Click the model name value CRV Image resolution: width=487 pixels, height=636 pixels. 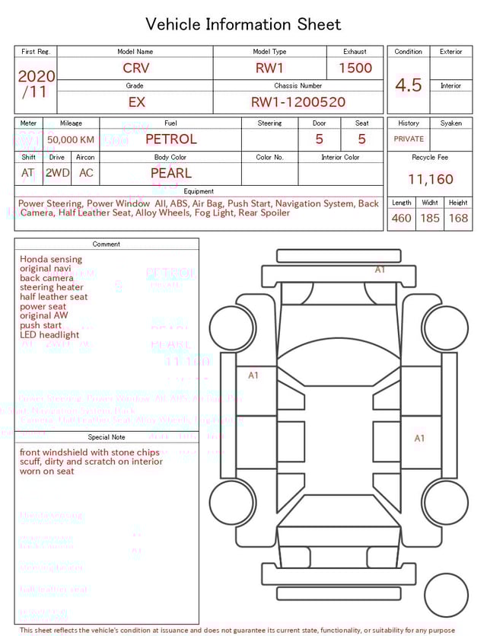pos(136,68)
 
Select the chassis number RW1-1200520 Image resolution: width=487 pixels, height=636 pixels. pos(298,102)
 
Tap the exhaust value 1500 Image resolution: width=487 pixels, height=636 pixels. pos(355,68)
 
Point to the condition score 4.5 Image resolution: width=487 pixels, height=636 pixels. pos(409,85)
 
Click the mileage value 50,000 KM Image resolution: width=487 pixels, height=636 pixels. pos(71,139)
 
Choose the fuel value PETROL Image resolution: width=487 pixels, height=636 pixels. pos(170,139)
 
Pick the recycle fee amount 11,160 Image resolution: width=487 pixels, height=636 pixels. pos(431,180)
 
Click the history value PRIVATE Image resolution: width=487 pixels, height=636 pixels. pos(409,139)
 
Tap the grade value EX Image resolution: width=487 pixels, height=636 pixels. pos(136,102)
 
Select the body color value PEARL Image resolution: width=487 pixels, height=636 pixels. pos(171,173)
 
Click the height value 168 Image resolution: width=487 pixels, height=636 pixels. pos(458,219)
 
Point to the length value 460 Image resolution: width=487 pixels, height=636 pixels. pos(401,219)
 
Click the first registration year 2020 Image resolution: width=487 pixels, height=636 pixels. pos(36,76)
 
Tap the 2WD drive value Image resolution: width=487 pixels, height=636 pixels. pos(57,173)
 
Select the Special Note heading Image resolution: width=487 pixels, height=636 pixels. pos(107,437)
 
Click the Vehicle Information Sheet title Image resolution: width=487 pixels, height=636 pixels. pos(243,24)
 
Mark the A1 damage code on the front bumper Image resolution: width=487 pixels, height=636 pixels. pos(380,270)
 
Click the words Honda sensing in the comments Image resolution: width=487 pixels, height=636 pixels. pos(51,259)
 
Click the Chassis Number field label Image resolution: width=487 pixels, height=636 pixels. pos(298,86)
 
